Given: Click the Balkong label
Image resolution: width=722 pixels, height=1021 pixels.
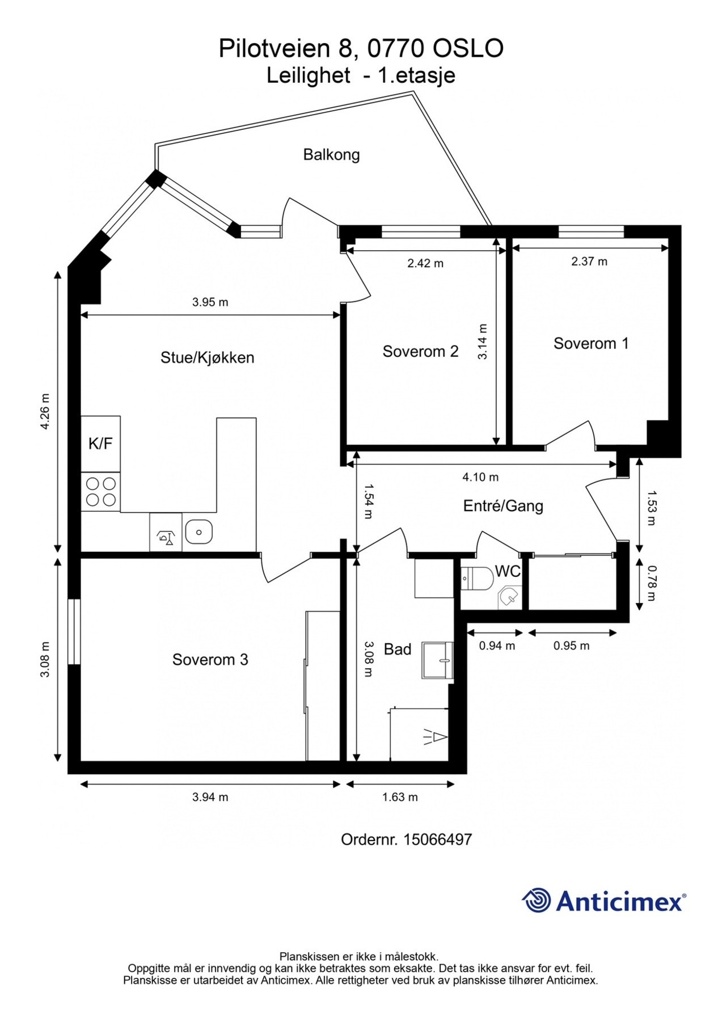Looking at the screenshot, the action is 331,155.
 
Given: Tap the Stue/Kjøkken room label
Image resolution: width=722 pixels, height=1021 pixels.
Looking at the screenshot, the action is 207,357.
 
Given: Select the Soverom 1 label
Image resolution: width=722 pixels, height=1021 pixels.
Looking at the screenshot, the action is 591,343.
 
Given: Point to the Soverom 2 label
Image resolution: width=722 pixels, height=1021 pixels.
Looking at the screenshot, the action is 420,352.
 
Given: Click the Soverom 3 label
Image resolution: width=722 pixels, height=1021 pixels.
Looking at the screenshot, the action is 210,660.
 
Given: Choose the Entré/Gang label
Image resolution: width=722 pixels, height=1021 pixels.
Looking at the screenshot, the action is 503,506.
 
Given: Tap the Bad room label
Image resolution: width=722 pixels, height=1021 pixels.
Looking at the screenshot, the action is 398,649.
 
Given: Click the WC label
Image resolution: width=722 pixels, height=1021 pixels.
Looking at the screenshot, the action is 508,571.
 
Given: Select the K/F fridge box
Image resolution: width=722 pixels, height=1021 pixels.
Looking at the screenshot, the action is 100,444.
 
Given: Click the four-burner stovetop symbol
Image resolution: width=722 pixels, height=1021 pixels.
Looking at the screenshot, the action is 100,492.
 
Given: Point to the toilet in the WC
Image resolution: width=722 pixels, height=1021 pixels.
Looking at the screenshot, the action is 477,578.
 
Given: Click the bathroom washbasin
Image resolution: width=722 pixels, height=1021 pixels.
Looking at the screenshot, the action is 438,661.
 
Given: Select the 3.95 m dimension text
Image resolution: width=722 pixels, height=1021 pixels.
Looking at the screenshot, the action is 210,302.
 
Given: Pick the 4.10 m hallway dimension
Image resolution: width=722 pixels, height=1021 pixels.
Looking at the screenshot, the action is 480,477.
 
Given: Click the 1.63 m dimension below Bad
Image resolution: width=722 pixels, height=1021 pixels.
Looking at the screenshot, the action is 400,797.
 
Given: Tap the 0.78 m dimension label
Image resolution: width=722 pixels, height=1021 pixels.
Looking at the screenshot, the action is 652,584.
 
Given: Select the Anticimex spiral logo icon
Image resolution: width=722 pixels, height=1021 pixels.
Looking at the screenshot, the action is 537,900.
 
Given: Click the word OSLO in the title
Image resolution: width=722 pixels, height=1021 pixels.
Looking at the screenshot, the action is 468,49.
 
